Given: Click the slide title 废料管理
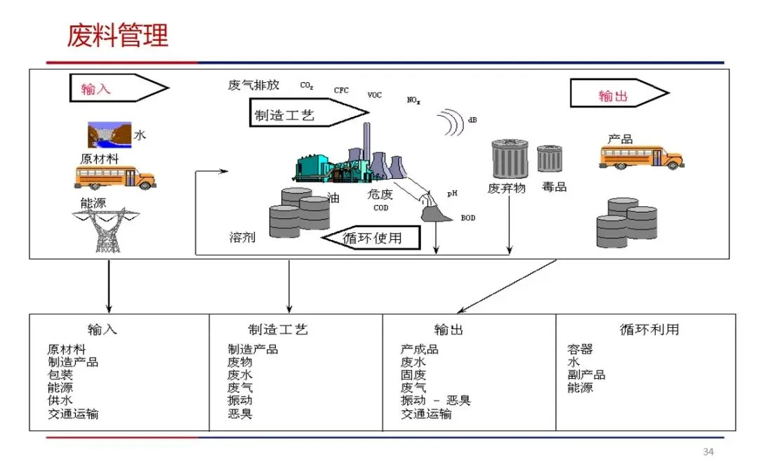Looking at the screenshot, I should coord(117,35).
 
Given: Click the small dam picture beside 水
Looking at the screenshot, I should coord(109,134).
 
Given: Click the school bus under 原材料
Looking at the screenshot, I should coord(115,177).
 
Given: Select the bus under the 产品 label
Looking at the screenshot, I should coord(640,157).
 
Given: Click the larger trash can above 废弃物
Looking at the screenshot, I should coord(510,159).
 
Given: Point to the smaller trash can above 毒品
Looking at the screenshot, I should coord(550,159).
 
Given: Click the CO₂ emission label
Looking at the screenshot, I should coord(307,86).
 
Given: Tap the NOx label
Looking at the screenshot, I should coord(413,100).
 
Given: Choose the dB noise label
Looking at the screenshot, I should coord(472,120).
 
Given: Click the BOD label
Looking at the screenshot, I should coord(467,218).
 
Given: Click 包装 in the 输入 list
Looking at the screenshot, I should coord(60,375).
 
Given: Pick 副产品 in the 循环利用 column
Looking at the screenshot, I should coord(586,375).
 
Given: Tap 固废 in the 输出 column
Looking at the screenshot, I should coord(413,375).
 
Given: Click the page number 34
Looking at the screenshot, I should coord(708,451).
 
